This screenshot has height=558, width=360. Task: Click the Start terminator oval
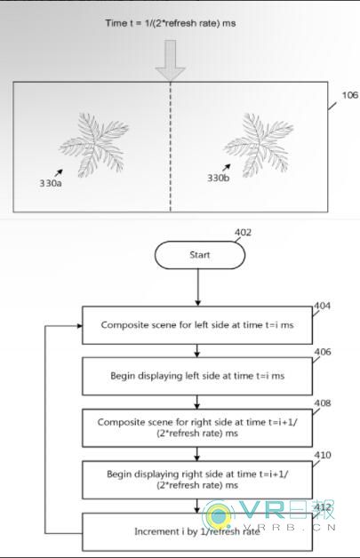point(200,255)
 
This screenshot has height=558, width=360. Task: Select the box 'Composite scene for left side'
point(197,325)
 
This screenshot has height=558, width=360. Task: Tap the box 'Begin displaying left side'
point(197,376)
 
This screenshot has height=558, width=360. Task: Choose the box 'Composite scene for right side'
point(197,427)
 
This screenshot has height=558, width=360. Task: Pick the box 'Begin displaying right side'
point(197,480)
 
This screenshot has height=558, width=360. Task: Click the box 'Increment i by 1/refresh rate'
point(197,531)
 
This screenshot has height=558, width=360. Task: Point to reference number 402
point(243,233)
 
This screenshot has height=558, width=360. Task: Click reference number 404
point(323,306)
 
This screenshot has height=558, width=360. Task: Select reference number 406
point(323,352)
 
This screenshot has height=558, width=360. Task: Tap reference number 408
point(323,403)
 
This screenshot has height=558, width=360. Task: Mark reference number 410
point(323,455)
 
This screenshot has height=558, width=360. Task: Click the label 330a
point(50,183)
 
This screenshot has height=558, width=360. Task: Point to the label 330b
point(219,178)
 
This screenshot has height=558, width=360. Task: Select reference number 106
point(350,95)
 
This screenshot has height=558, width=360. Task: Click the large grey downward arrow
point(170,60)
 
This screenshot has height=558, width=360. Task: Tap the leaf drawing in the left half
point(94,145)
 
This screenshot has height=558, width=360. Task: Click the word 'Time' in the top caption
point(116,23)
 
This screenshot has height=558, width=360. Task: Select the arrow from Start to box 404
point(197,287)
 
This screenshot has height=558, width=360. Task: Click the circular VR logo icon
point(218,514)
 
